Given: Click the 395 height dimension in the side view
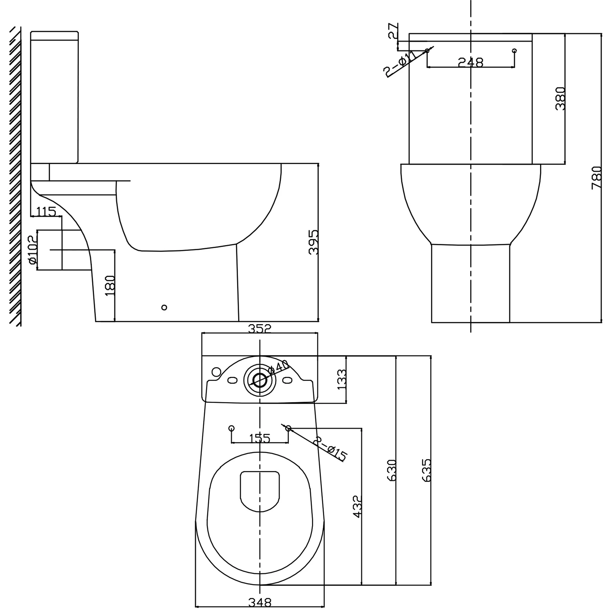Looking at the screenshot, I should coord(313,242).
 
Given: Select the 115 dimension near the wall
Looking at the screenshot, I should coord(46,211).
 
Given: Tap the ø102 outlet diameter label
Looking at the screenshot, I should coord(33,250).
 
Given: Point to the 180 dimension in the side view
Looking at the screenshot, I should coord(110,285).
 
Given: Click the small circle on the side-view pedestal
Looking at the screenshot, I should coord(164,307).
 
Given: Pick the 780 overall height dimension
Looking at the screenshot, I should coord(596,178).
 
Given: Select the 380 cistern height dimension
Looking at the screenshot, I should coord(560,98).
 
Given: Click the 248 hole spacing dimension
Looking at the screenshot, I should coord(470,62).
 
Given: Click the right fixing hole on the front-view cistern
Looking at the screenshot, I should coord(514,51).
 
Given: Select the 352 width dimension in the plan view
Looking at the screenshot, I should coord(259,329).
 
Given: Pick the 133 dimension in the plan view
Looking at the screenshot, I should coord(342,379).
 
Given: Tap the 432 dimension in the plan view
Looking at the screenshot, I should coord(357,507).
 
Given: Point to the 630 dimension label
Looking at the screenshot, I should coord(392,470).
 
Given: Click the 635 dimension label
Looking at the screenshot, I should coord(426,470).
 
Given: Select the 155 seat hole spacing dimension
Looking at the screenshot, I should coord(259,439).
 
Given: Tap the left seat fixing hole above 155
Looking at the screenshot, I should coord(232,428).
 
